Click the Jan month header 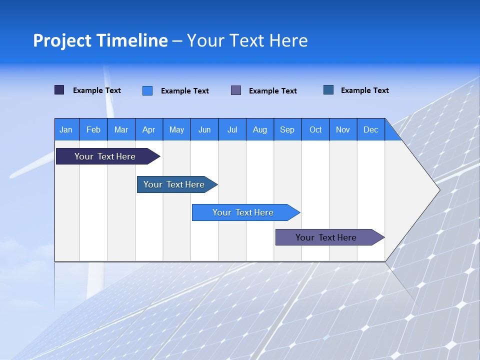pos(66,129)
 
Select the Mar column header pos(121,129)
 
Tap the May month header pos(176,129)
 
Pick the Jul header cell pos(232,129)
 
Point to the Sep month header pos(287,129)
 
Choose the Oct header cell pos(315,129)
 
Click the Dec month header pos(370,129)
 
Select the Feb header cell pos(93,129)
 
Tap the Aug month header pos(259,129)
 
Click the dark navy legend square pos(59,90)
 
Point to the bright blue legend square pos(147,90)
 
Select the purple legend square pos(236,90)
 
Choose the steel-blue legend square pos(328,90)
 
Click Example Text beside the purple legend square pos(272,91)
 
